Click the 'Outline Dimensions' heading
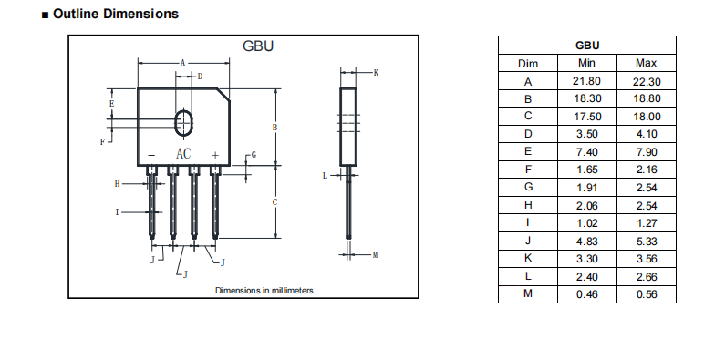(116, 14)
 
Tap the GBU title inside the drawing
(258, 46)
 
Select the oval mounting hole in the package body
(183, 122)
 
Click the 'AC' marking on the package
(183, 154)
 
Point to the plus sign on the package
(215, 155)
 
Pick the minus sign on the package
(151, 156)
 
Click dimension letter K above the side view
(376, 73)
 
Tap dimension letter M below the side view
(375, 255)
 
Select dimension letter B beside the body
(274, 127)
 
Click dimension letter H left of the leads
(117, 184)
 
